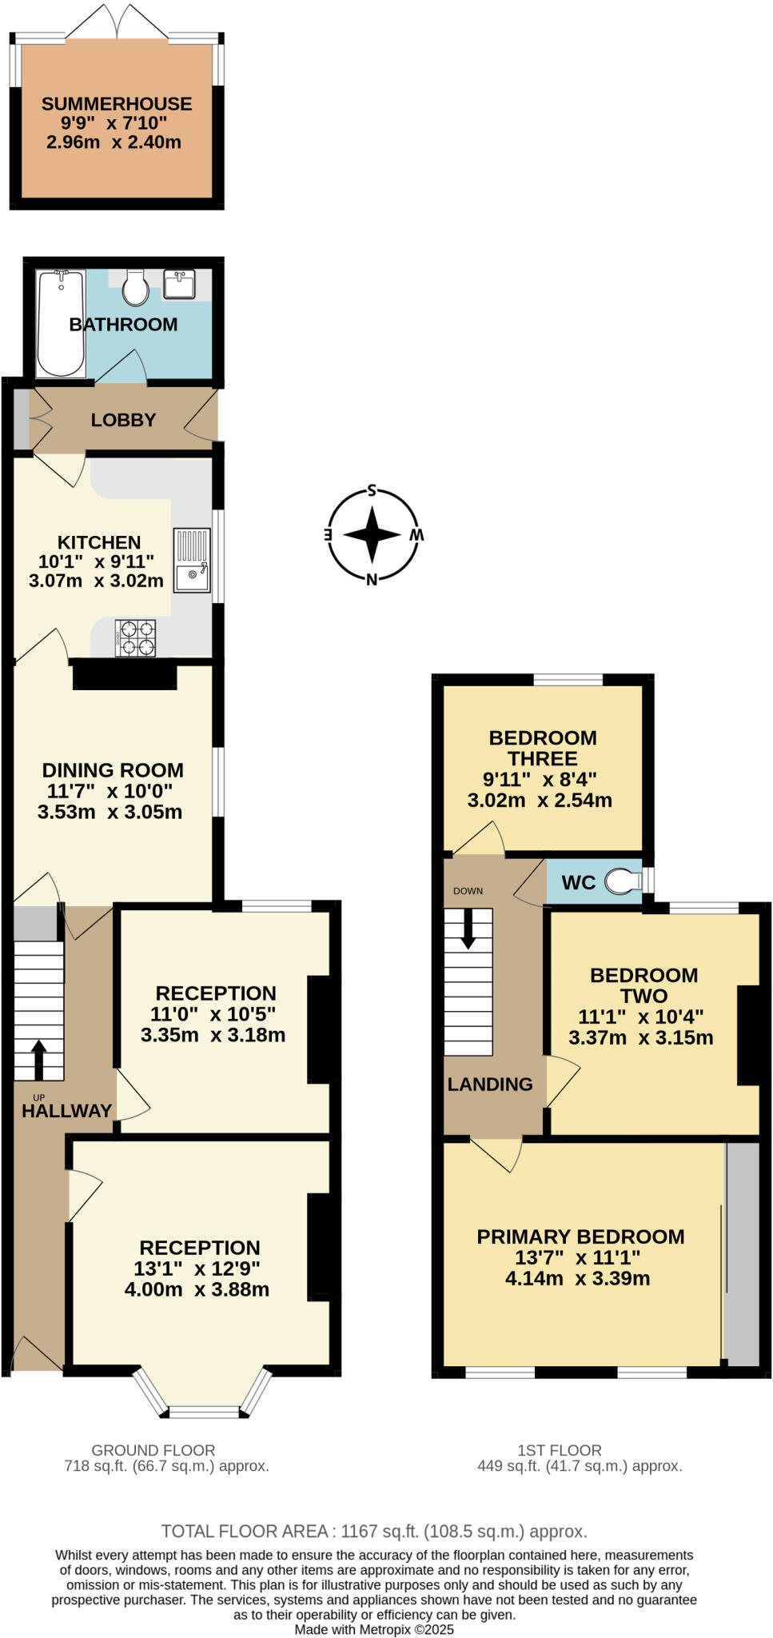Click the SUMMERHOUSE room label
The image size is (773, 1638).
click(117, 104)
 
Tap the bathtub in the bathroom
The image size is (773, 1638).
click(61, 323)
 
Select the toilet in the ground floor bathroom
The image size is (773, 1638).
click(135, 288)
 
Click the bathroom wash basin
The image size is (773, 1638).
click(179, 284)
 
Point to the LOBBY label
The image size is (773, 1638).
click(123, 420)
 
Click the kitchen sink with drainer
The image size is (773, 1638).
click(192, 561)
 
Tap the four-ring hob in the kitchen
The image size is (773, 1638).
click(135, 638)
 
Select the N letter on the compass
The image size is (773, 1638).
click(372, 579)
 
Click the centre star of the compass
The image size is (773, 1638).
click(372, 534)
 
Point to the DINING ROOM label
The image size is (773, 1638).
click(113, 770)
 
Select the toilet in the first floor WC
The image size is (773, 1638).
click(624, 882)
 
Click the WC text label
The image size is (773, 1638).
click(578, 882)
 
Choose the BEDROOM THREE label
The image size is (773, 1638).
click(543, 748)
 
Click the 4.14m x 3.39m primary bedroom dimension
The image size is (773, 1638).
click(577, 1278)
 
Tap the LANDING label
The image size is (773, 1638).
click(490, 1085)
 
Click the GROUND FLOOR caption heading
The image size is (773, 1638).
click(153, 1450)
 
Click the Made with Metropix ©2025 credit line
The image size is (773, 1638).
click(374, 1629)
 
